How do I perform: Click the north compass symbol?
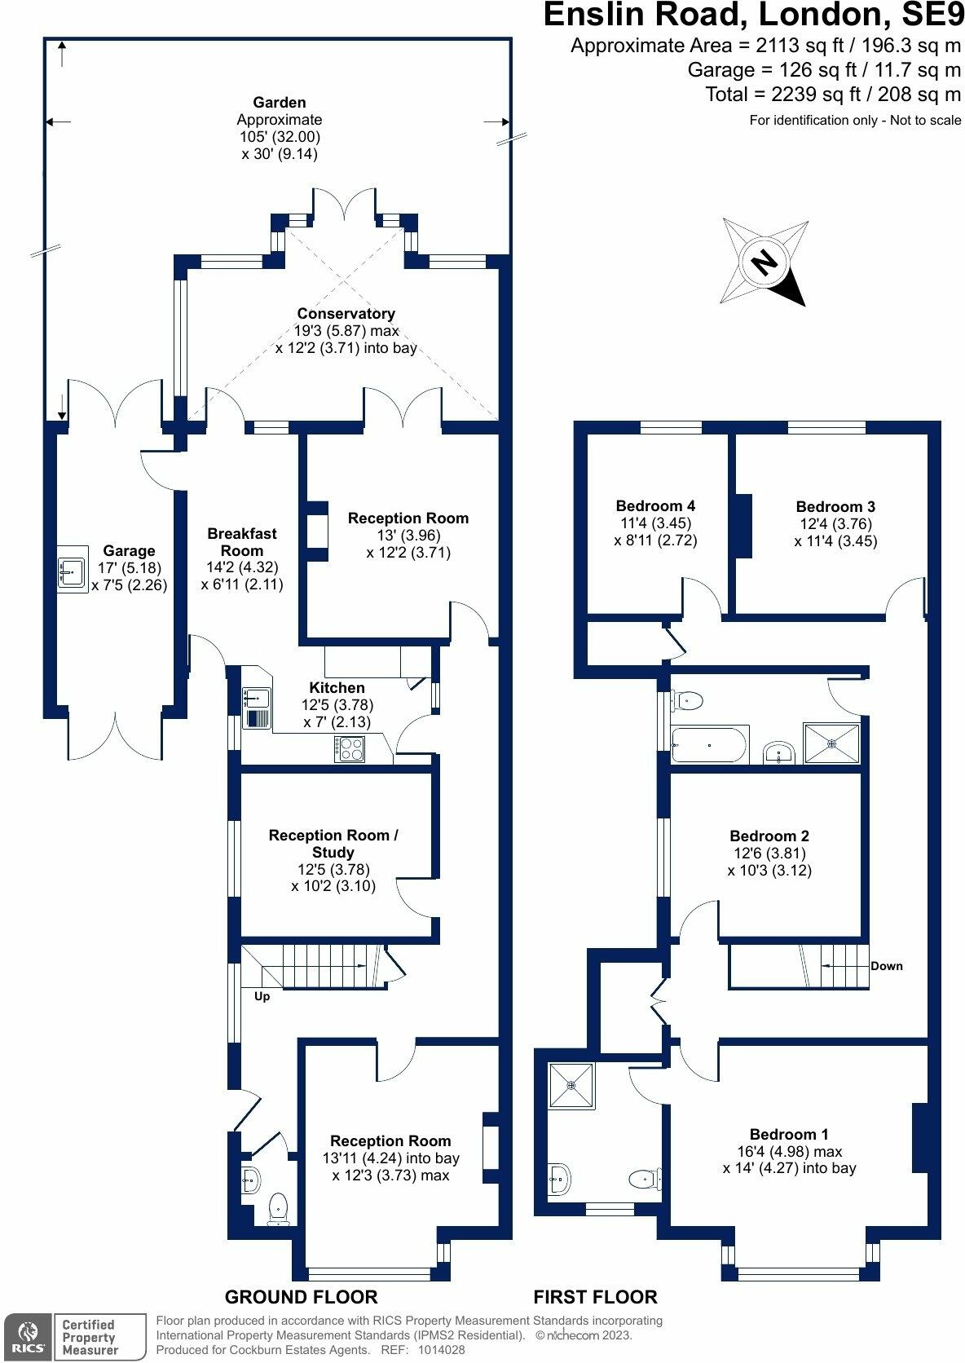(x=764, y=262)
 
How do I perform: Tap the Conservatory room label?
(x=346, y=314)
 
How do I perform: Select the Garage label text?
(x=129, y=551)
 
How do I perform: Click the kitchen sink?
(x=257, y=699)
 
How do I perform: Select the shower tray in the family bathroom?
(x=831, y=743)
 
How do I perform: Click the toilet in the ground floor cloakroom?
(x=279, y=1207)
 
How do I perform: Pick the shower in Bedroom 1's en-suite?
(x=571, y=1085)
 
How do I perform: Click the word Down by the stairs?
(x=887, y=966)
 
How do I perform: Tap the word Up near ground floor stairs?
(x=262, y=996)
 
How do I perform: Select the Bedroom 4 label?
(x=655, y=505)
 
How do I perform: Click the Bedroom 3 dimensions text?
(x=835, y=532)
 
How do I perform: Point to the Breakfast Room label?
(x=242, y=542)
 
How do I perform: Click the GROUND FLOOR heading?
(x=301, y=1297)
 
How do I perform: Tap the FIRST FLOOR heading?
(x=595, y=1297)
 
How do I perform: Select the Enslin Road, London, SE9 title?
(x=753, y=15)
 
